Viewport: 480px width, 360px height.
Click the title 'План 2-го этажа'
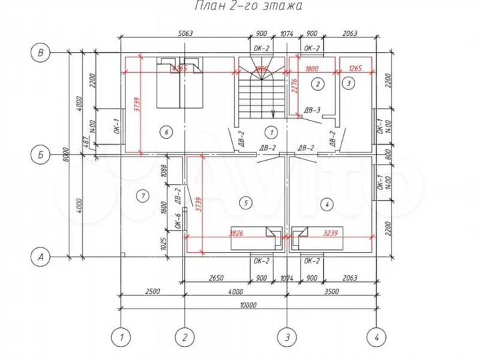tap(248, 7)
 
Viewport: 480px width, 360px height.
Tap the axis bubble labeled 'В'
tap(42, 51)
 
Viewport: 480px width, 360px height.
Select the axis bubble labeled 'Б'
tap(42, 154)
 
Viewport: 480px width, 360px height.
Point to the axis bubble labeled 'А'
tap(42, 255)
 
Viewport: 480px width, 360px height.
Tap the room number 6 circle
tap(167, 132)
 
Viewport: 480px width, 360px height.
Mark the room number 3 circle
tap(349, 83)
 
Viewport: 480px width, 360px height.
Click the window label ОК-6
tap(179, 220)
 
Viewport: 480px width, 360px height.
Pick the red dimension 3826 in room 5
tap(236, 234)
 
